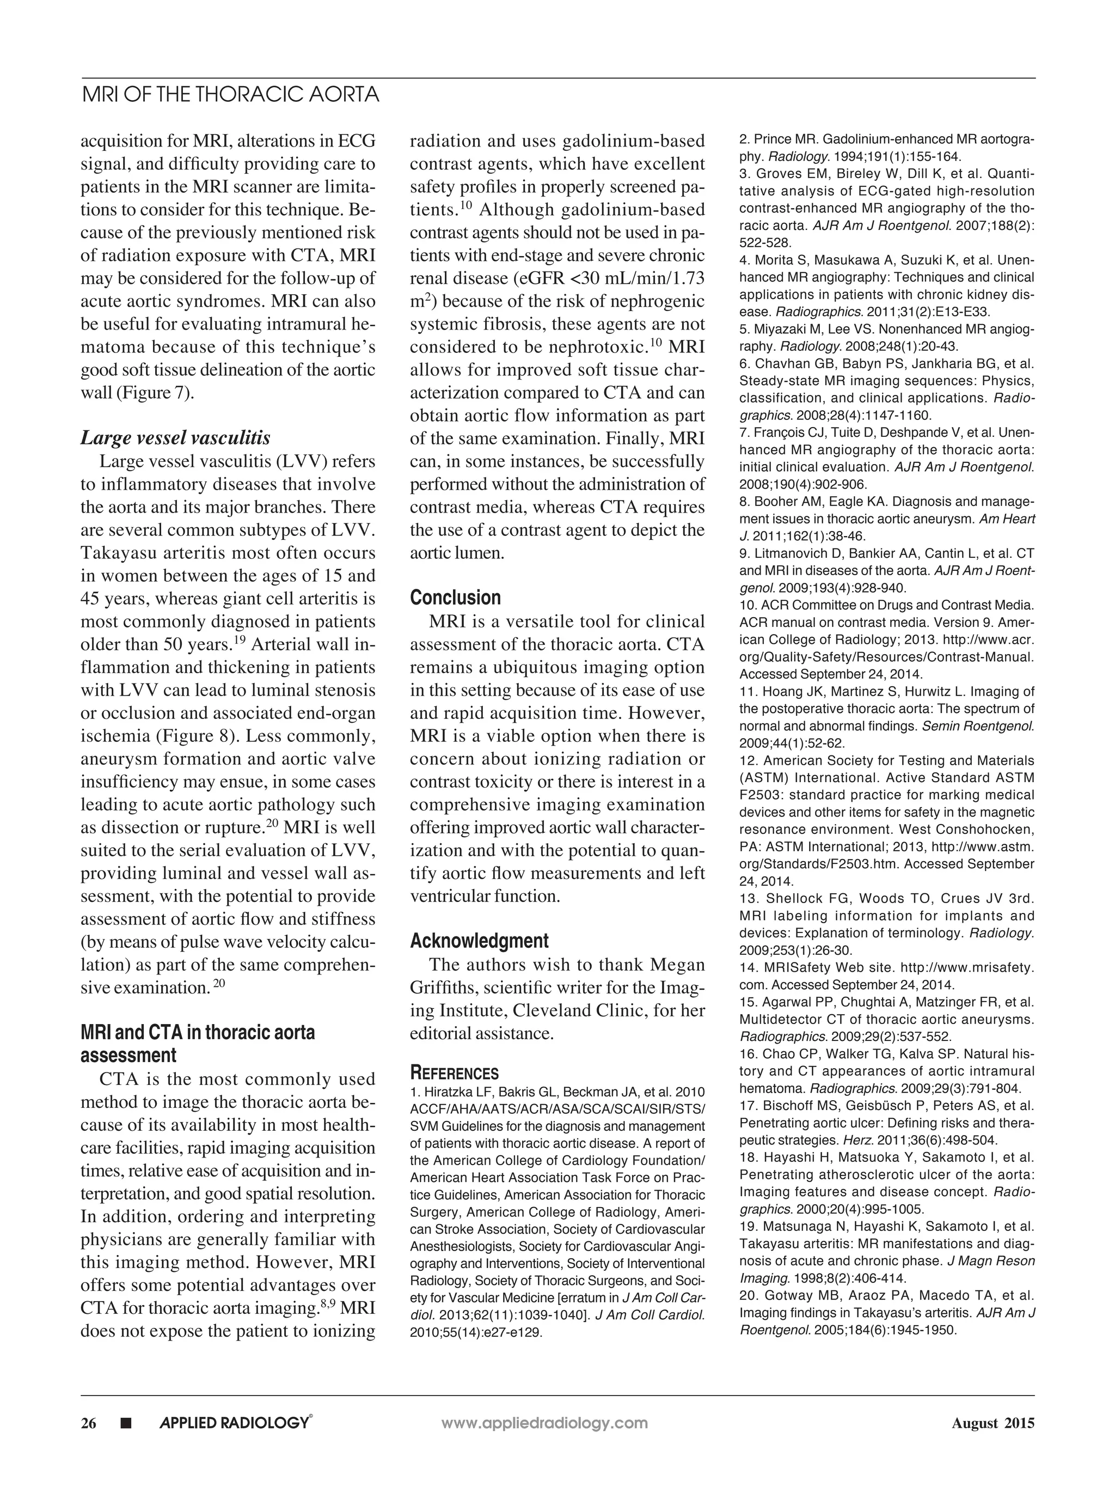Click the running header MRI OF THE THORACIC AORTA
[230, 94]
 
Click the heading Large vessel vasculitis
[175, 438]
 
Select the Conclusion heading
[455, 598]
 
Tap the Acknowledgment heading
[479, 941]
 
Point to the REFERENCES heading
[455, 1073]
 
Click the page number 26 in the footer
[88, 1423]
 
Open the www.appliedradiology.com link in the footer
[544, 1423]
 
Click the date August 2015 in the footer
[993, 1423]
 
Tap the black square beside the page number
[125, 1423]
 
